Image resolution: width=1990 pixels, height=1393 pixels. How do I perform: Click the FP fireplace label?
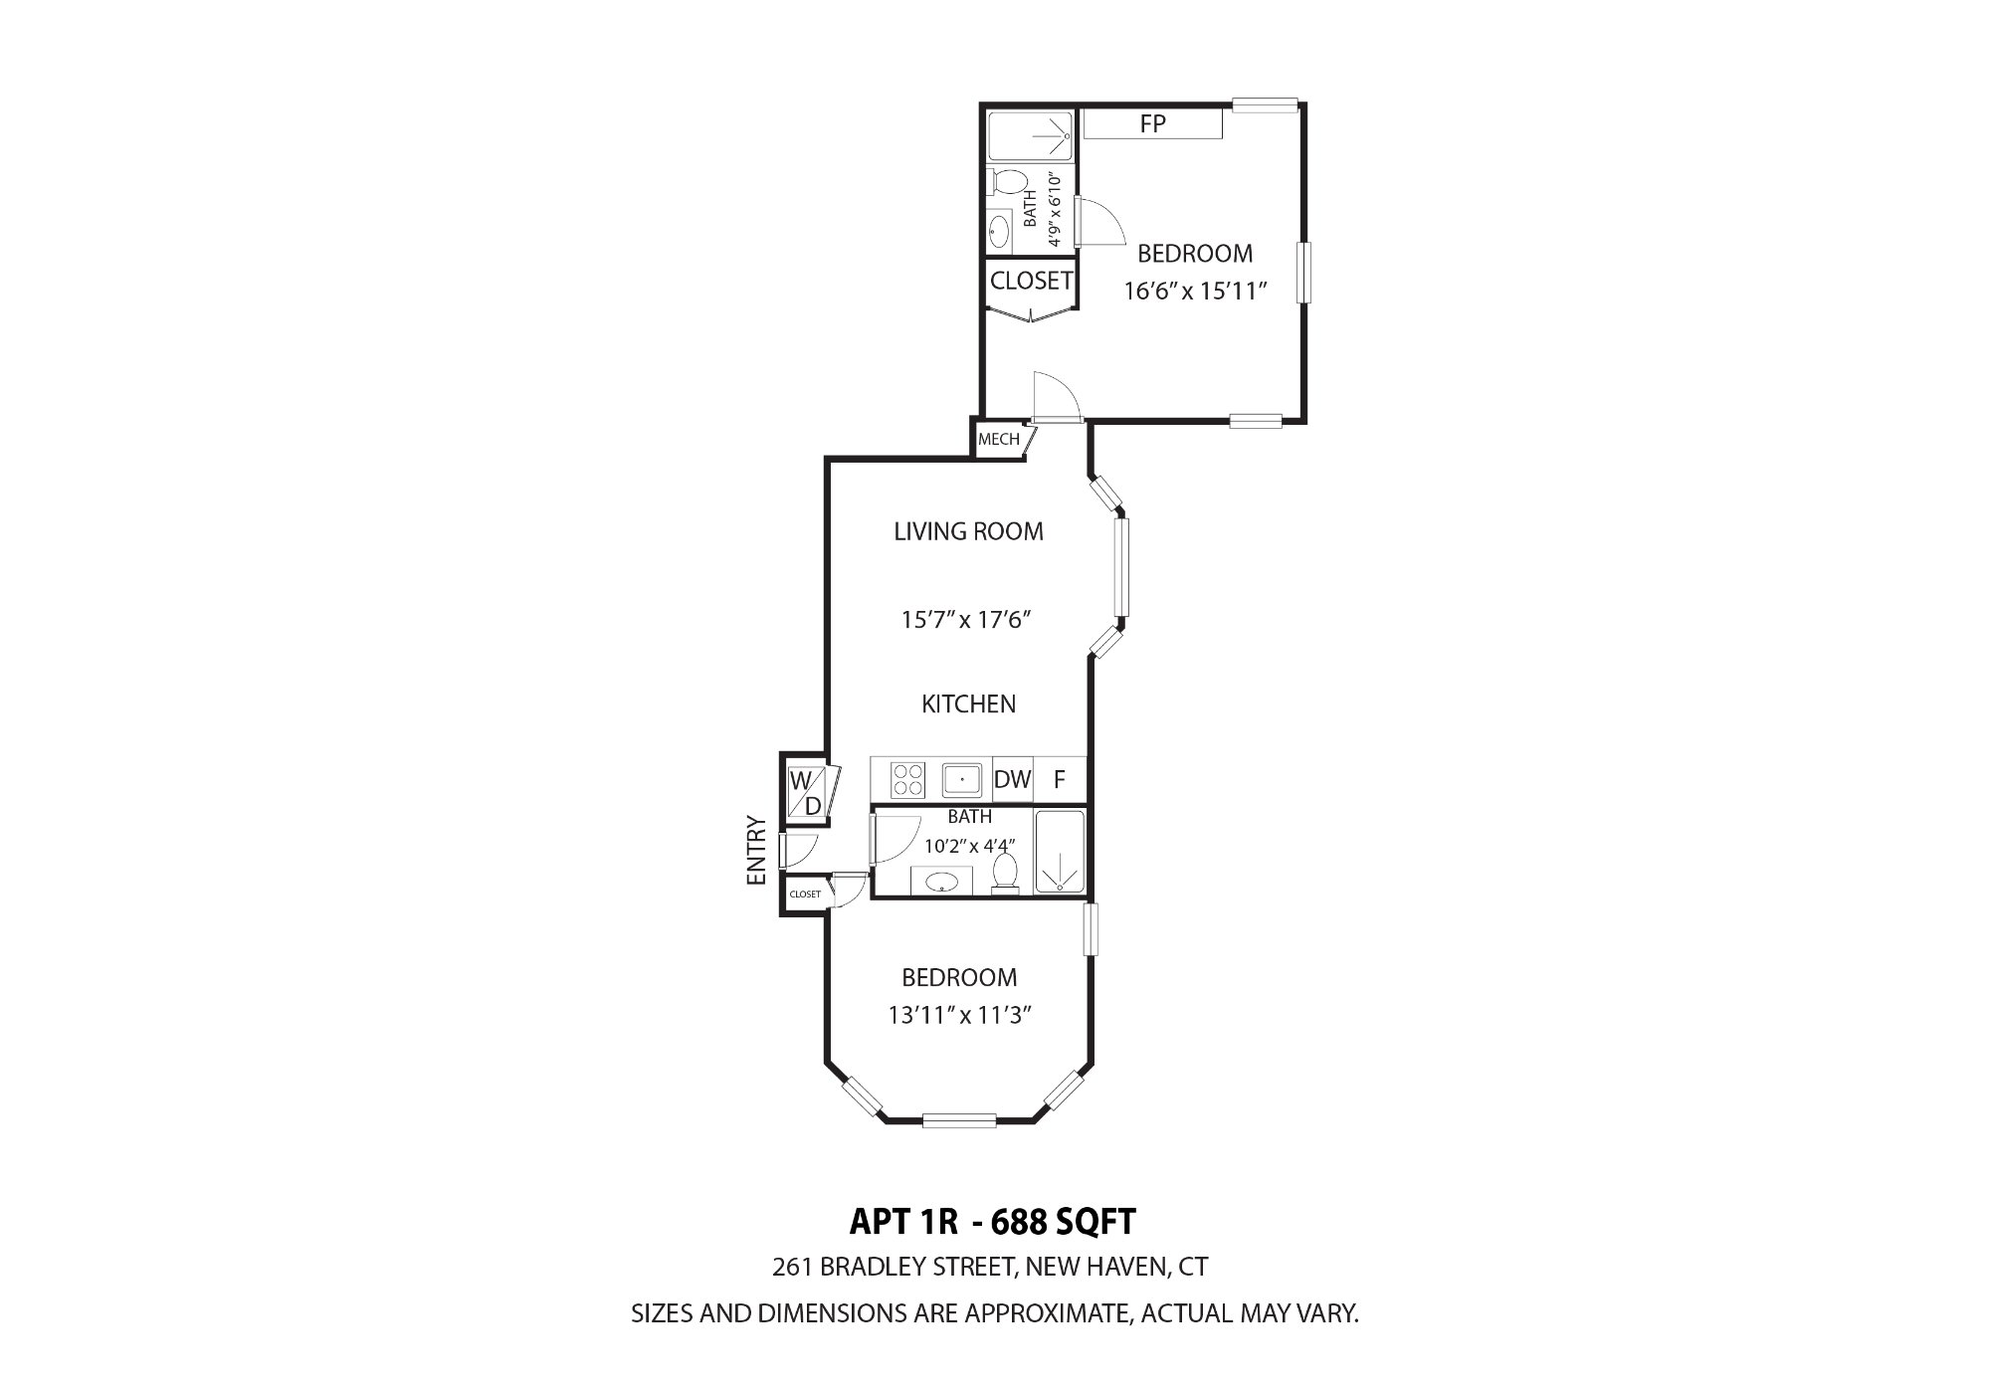point(1152,124)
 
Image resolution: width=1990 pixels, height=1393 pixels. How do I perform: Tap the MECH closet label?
point(999,440)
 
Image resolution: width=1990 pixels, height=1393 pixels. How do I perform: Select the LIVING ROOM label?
point(968,531)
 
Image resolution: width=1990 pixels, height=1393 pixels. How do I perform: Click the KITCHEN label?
point(968,704)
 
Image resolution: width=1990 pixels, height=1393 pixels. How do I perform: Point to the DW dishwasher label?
point(1013,780)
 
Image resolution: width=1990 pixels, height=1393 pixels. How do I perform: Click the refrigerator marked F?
point(1060,780)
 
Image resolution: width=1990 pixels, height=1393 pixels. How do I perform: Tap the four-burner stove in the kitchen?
point(907,779)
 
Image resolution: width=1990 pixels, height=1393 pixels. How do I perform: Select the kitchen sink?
point(963,779)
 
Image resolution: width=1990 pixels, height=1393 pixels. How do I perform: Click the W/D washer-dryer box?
point(807,793)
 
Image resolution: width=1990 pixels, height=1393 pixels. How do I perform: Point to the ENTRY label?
point(756,851)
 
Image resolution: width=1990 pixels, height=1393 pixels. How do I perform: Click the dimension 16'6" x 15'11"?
point(1194,292)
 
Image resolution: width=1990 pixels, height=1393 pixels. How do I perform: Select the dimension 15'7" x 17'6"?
point(964,620)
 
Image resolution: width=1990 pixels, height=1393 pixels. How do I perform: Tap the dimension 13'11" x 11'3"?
point(959,1016)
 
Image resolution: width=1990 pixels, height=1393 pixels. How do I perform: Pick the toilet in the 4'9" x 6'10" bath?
point(1007,182)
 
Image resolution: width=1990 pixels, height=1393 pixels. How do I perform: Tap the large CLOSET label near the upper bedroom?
point(1032,282)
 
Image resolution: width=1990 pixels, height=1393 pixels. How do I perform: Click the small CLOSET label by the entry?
point(805,895)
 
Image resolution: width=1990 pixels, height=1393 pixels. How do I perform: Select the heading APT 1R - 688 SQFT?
point(993,1220)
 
